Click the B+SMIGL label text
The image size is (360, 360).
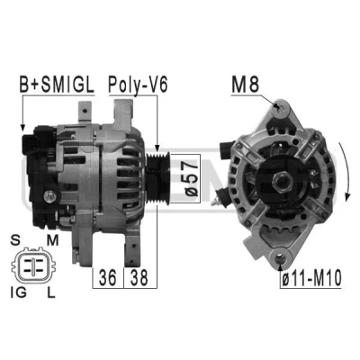click(x=57, y=85)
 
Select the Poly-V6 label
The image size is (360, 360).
click(x=138, y=85)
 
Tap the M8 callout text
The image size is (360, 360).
click(x=245, y=85)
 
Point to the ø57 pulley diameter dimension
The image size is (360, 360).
click(x=192, y=178)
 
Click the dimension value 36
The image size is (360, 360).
click(x=108, y=277)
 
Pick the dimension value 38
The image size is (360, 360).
click(x=139, y=277)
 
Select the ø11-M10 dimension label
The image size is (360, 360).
click(x=311, y=278)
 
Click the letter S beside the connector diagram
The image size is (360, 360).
click(x=14, y=240)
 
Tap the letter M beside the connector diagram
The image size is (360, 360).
click(x=52, y=240)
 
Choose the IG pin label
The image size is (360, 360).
click(x=19, y=292)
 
